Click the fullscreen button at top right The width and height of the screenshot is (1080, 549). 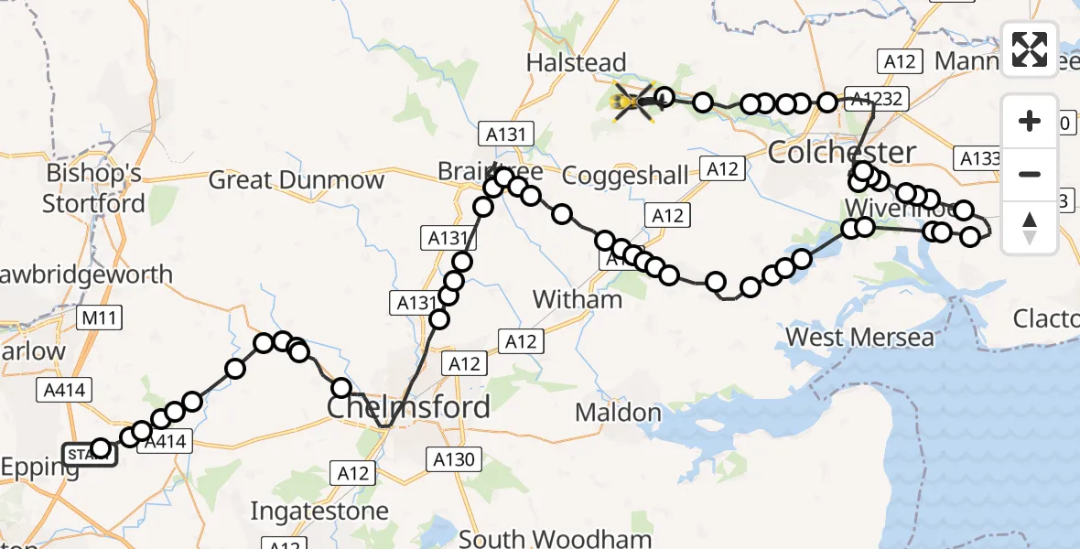tap(1030, 48)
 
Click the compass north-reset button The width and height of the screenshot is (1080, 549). tap(1030, 228)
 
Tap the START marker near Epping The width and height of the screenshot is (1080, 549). tap(89, 454)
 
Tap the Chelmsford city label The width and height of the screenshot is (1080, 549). tap(408, 406)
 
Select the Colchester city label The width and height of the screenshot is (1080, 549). tap(841, 152)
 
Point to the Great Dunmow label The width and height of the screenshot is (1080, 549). tap(297, 179)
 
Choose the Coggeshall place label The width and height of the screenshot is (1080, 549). tap(625, 175)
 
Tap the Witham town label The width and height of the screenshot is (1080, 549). tap(578, 299)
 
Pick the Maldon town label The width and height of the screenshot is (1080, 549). tap(618, 413)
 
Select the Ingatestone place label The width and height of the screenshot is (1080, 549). tap(319, 510)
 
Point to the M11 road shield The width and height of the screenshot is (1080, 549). tap(101, 318)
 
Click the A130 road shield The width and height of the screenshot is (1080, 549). tap(455, 459)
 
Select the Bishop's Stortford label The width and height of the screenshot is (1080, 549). tap(94, 188)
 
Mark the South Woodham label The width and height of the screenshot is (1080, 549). tap(556, 539)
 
